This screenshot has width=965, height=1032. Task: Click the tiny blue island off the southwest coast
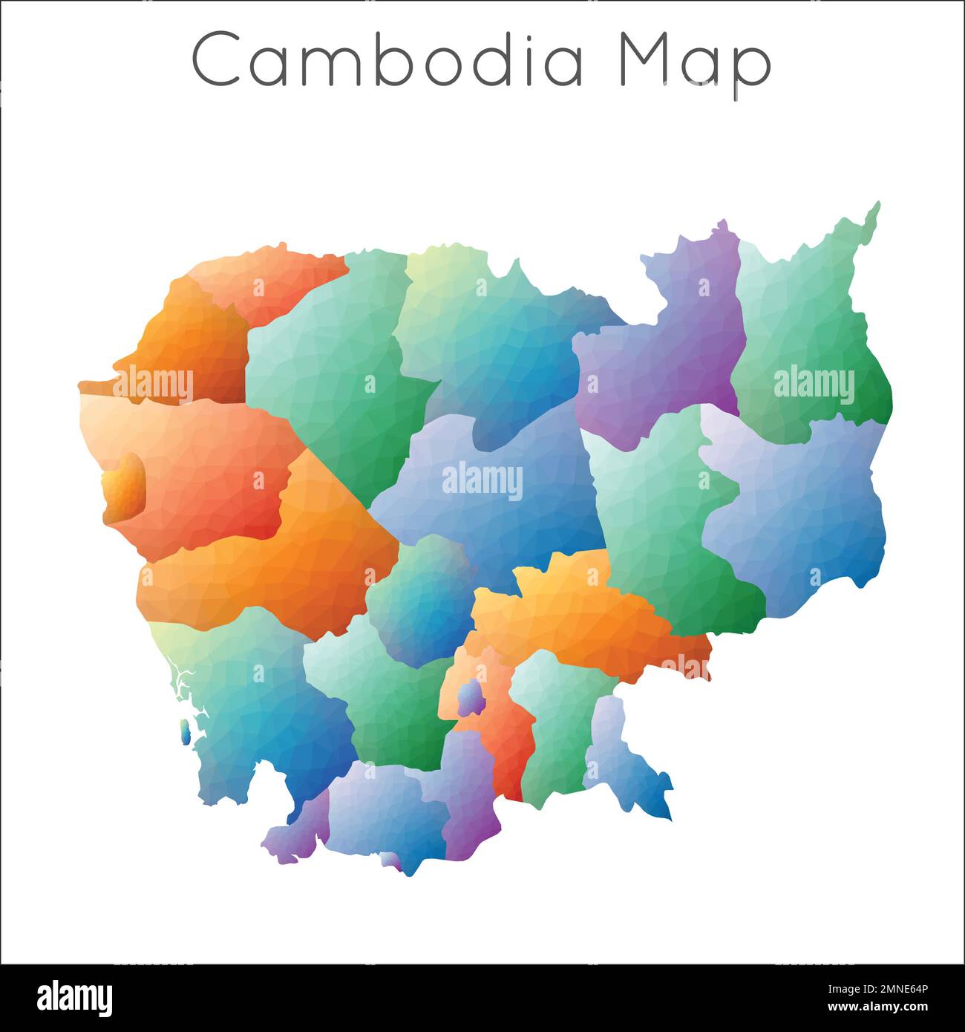(183, 734)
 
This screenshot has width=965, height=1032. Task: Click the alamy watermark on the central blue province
(482, 481)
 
